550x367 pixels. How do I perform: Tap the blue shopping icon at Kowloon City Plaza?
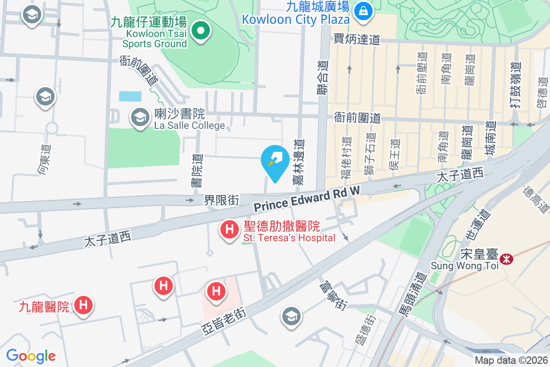point(363,10)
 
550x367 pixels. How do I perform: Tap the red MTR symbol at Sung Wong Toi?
point(506,259)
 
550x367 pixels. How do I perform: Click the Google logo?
point(31,356)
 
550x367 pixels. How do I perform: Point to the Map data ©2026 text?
point(511,361)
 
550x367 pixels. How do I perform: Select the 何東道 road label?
point(45,160)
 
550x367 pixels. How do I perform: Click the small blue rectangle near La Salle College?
point(130,96)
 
